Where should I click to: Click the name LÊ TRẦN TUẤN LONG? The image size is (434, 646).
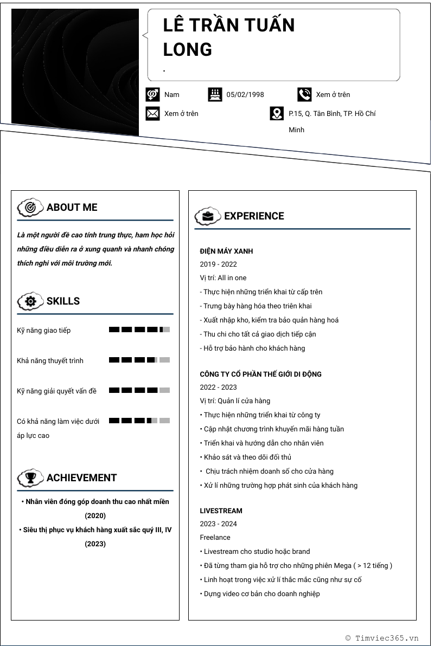[x=228, y=37]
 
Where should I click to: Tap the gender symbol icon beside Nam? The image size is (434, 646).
[x=153, y=94]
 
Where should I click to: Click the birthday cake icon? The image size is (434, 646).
[x=215, y=94]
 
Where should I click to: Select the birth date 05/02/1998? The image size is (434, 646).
[x=245, y=95]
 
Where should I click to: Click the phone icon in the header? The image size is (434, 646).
[x=304, y=94]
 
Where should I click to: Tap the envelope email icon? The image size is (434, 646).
[x=153, y=113]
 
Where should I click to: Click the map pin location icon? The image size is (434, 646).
[x=277, y=113]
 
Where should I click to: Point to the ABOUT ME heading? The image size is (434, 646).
[x=72, y=207]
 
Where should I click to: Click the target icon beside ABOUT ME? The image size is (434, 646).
[x=30, y=207]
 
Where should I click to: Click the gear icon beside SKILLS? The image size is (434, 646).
[x=30, y=301]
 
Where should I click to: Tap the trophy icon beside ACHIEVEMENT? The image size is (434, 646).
[x=30, y=478]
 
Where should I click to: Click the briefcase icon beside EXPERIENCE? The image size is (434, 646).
[x=208, y=216]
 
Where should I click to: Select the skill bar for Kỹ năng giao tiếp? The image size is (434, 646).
[x=139, y=330]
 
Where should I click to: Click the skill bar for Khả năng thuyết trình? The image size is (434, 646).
[x=139, y=360]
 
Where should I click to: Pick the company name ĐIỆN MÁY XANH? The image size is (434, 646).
[x=226, y=251]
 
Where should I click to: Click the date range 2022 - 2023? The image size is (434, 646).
[x=218, y=387]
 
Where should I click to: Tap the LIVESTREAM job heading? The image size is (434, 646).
[x=221, y=511]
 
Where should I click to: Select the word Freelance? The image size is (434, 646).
[x=215, y=538]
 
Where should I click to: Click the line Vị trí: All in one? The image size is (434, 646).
[x=223, y=278]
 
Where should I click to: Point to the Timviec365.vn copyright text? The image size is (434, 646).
[x=382, y=638]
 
